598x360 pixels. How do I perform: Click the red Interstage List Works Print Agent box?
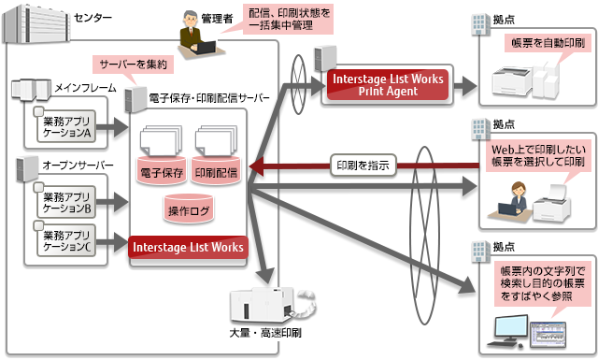pos(387,84)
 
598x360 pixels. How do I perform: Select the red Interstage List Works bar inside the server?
pos(189,248)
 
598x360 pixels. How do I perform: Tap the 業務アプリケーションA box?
pos(69,126)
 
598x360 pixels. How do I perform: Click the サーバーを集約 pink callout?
pos(134,65)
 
